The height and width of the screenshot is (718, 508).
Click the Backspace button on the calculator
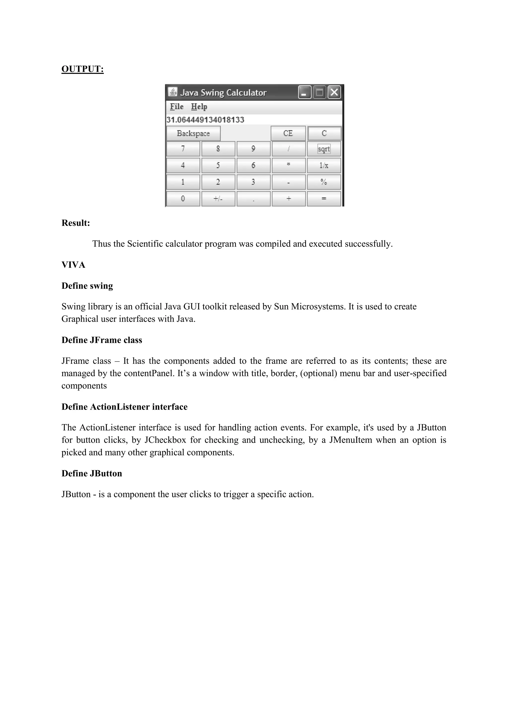pos(193,134)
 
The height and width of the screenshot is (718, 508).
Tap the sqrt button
pos(324,149)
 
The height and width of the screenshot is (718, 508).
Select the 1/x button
pos(324,165)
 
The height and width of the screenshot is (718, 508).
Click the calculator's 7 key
pos(183,149)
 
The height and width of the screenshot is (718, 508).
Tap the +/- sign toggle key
pos(218,199)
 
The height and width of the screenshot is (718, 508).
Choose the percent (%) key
pos(324,182)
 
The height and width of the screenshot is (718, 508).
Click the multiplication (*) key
pos(288,165)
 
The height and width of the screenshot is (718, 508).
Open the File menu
pos(176,107)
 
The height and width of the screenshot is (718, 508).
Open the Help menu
pos(199,107)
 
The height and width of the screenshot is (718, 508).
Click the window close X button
pos(334,92)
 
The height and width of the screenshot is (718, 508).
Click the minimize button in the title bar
pos(304,92)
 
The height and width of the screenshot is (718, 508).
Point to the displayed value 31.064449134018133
pos(205,120)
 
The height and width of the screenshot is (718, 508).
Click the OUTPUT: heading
pos(83,69)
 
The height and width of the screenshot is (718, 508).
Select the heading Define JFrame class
pos(102,340)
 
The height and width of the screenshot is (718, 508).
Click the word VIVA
pos(73,265)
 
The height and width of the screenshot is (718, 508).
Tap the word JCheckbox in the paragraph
pos(165,440)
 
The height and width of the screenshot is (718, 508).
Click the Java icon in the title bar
pos(173,92)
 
